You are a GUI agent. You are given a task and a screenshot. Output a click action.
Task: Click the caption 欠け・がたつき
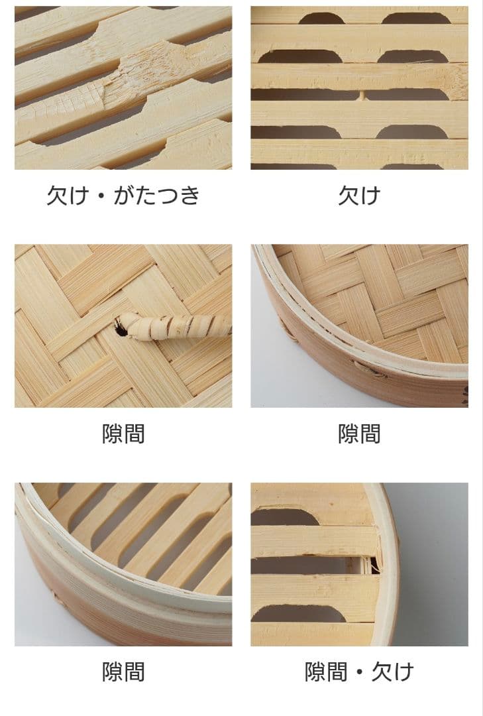(x=123, y=196)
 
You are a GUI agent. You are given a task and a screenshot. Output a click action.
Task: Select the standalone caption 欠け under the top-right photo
(x=359, y=196)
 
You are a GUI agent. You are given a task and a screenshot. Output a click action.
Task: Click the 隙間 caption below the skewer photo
(x=123, y=434)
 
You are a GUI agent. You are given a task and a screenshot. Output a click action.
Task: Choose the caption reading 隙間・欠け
(x=359, y=672)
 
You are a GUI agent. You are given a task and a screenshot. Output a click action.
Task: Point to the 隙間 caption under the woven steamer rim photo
(x=359, y=434)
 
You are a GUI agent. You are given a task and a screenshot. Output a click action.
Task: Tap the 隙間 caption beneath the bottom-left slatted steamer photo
(x=123, y=672)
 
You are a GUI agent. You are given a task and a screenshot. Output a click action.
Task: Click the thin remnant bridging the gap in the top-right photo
(x=361, y=95)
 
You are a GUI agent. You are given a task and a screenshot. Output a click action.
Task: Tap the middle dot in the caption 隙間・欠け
(x=359, y=672)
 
